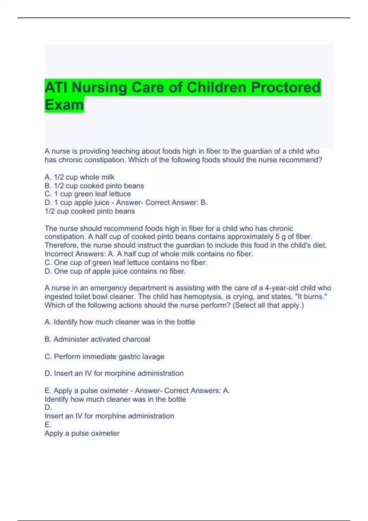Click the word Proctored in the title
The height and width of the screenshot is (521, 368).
[x=286, y=88]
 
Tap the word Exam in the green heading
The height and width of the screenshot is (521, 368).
[x=64, y=105]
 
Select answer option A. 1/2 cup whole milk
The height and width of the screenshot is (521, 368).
[x=79, y=177]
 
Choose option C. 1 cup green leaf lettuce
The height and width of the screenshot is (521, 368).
[x=88, y=194]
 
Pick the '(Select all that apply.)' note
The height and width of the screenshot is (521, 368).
[x=268, y=305]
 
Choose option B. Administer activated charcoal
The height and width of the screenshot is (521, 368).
[x=97, y=339]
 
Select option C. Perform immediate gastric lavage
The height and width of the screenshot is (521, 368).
[x=104, y=356]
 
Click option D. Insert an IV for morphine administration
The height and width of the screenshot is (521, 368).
[x=114, y=373]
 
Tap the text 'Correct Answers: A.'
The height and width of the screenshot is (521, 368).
[x=197, y=391]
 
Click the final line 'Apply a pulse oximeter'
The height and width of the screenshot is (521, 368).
[x=82, y=433]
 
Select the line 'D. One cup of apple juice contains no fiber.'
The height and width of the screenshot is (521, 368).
[x=115, y=271]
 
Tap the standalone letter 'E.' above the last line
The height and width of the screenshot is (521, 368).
[x=48, y=425]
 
